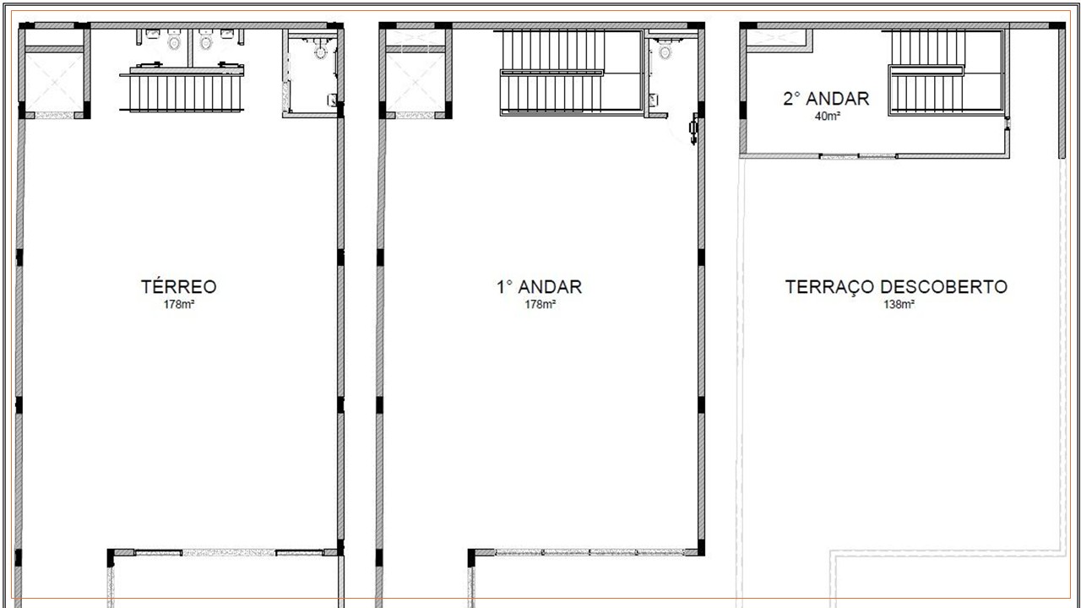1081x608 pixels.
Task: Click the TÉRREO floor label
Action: pos(178,286)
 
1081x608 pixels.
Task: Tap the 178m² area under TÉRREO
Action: pos(179,304)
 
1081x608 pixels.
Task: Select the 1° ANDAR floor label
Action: pos(539,286)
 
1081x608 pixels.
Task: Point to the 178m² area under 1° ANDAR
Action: pos(540,304)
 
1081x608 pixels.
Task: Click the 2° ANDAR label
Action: pos(825,99)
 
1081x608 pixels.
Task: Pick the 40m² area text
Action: pos(827,116)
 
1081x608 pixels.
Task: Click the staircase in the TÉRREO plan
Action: pos(185,92)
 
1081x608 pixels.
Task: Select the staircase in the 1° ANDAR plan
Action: pos(553,71)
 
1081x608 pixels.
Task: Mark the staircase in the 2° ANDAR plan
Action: pos(927,73)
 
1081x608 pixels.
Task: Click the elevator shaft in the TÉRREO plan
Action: pos(54,82)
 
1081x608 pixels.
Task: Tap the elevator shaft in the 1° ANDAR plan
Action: pos(415,82)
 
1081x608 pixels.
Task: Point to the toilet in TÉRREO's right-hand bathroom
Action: pos(320,52)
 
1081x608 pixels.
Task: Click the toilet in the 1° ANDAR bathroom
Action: pos(665,52)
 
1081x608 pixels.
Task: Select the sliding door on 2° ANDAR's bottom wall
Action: pos(858,155)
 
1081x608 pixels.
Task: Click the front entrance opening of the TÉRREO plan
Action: pos(229,552)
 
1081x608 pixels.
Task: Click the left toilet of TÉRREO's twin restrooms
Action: pos(174,41)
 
